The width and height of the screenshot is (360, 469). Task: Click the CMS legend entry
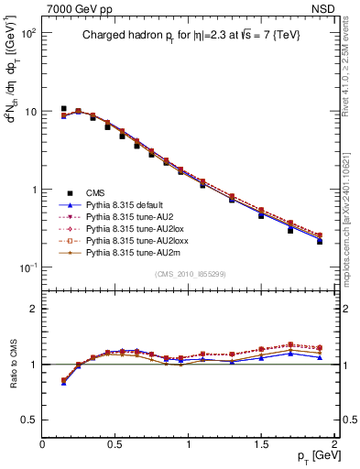pos(95,193)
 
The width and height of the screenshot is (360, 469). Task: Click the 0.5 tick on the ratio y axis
pos(29,420)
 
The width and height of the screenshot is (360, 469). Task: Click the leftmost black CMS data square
pos(63,108)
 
